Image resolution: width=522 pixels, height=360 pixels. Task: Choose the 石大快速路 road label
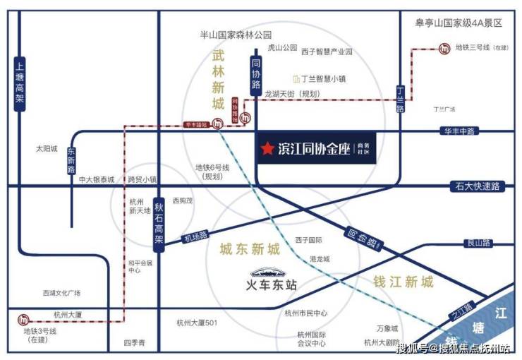tap(475, 186)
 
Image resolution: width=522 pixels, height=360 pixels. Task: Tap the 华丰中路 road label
tap(459, 131)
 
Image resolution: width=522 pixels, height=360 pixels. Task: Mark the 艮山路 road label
tap(477, 242)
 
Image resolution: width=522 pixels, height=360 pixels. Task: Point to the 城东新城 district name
tap(250, 248)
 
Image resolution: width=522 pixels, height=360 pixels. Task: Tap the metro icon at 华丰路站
tap(218, 124)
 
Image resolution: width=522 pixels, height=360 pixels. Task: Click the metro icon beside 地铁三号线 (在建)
tap(445, 49)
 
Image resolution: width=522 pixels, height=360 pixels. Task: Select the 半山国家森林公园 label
tap(236, 35)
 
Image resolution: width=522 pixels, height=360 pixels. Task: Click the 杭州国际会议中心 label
tap(311, 339)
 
